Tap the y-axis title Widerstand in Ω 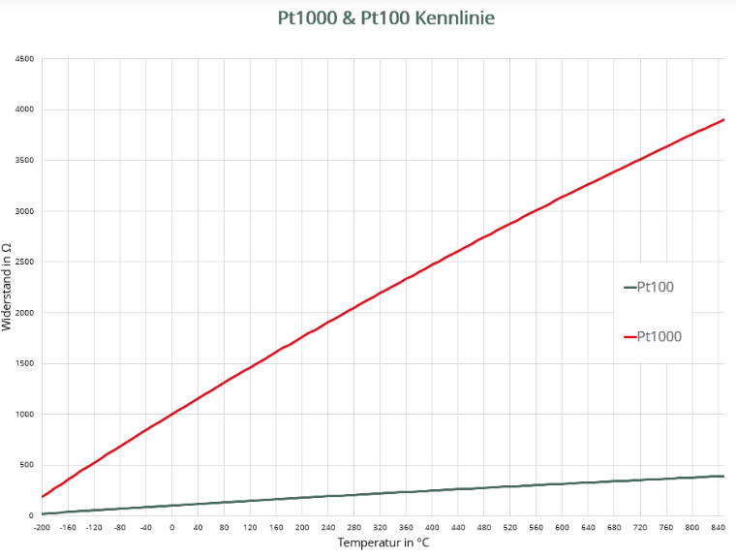click(8, 287)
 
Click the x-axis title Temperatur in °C click(383, 543)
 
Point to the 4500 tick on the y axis click(24, 59)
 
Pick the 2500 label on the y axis click(24, 263)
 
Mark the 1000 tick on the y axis click(24, 415)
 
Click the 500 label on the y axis click(26, 465)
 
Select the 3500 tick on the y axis click(24, 161)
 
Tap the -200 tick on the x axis click(42, 527)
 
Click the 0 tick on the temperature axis click(171, 527)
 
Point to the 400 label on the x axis click(432, 527)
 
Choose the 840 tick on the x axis click(718, 527)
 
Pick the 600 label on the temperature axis click(562, 527)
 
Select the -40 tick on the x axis click(145, 527)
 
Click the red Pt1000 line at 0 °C click(171, 415)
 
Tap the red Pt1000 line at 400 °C click(432, 264)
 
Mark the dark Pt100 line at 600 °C click(562, 483)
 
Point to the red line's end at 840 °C click(722, 120)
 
